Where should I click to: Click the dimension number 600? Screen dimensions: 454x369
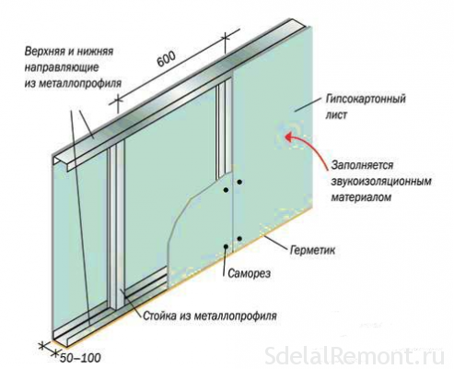point(167,59)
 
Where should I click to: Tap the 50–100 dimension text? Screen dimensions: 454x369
point(80,358)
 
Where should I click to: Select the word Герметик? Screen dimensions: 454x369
point(312,250)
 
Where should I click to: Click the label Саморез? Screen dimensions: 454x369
point(250,273)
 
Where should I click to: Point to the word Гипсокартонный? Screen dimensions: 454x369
point(366,99)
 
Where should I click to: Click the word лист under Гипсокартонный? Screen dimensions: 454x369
point(336,115)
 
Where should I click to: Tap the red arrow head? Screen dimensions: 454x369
point(289,137)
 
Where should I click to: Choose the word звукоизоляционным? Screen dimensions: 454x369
point(381,182)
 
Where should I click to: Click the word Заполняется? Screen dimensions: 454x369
point(362,165)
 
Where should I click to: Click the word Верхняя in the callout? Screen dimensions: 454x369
point(44,51)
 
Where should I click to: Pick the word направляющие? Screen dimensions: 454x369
point(62,67)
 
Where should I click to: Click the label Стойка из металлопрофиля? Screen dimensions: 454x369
point(210,315)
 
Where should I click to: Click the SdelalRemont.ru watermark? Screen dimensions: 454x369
point(354,356)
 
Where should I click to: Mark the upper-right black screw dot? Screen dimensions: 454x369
point(239,182)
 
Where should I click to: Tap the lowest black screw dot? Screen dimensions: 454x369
point(226,246)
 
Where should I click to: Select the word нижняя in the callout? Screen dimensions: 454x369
point(96,52)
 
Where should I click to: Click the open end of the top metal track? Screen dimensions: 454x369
point(61,161)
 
